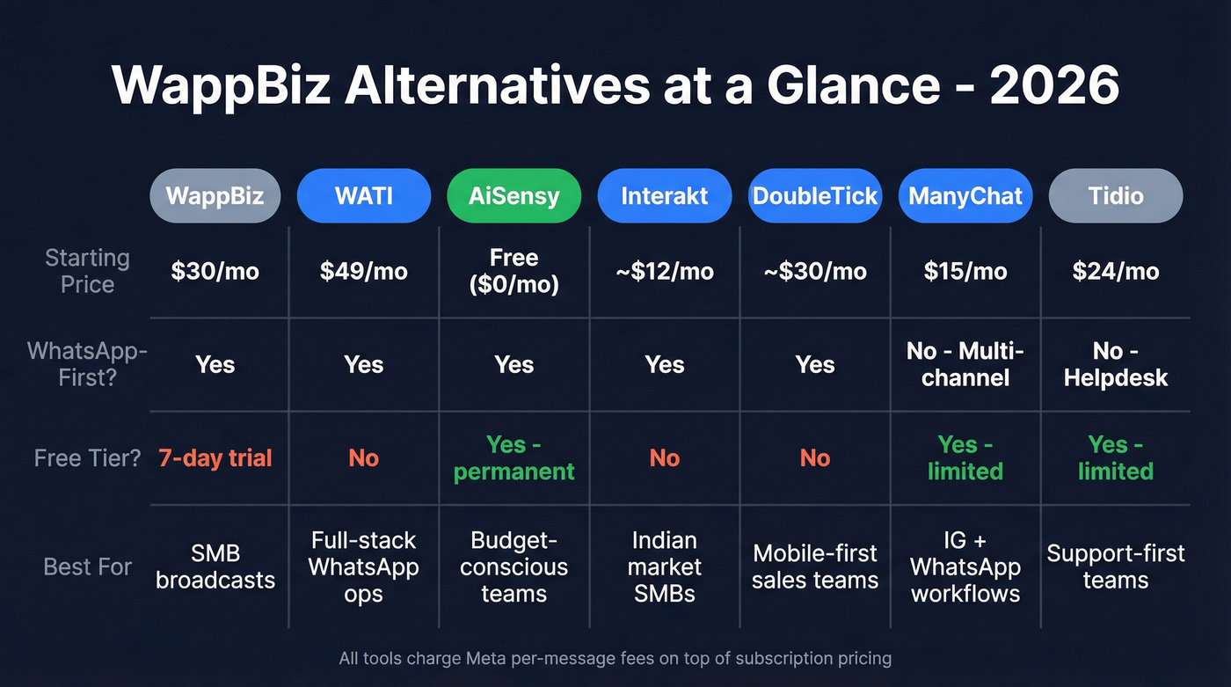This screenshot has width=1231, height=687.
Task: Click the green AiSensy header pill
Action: tap(514, 195)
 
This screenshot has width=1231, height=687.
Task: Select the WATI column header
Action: tap(364, 195)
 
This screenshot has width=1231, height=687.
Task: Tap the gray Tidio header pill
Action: tap(1115, 195)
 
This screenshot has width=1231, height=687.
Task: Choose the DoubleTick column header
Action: tap(814, 195)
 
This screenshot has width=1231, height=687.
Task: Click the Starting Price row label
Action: tap(87, 271)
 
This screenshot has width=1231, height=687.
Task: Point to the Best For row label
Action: tap(88, 566)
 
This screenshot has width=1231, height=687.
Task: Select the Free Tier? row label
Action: tap(88, 457)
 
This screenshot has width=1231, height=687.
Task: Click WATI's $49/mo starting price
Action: tap(364, 271)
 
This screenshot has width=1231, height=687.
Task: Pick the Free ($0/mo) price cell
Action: tap(514, 271)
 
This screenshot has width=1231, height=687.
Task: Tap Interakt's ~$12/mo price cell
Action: tap(664, 271)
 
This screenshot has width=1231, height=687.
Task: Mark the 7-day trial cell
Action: tap(215, 457)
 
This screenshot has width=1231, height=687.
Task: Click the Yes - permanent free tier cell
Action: tap(514, 457)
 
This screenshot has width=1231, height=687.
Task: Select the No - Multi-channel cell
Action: tap(965, 364)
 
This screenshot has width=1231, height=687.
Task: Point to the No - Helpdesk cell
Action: tap(1115, 364)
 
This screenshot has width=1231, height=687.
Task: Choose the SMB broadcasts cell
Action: tap(215, 566)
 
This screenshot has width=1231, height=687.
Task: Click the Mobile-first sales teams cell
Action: tap(814, 566)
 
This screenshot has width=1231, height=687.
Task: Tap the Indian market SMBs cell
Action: tap(664, 566)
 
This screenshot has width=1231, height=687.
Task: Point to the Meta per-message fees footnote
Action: tap(615, 658)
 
